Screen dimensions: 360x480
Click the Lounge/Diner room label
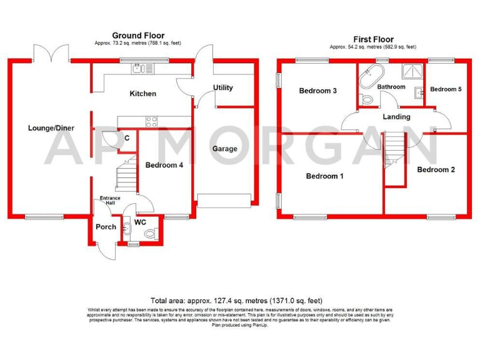(x=51, y=128)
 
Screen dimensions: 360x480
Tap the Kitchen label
(x=142, y=94)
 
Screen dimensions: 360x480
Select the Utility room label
(x=223, y=87)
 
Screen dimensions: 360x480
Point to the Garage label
(x=224, y=149)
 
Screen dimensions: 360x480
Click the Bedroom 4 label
(x=164, y=166)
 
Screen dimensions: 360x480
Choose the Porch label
(x=105, y=226)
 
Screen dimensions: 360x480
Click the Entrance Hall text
(x=110, y=201)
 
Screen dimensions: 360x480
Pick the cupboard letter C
(x=127, y=137)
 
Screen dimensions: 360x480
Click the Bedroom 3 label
(x=317, y=91)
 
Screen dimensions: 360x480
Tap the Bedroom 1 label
(x=324, y=176)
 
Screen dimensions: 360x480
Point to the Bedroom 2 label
(x=436, y=169)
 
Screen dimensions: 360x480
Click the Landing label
(x=396, y=116)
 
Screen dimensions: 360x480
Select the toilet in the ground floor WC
(x=149, y=234)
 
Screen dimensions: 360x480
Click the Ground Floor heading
(x=134, y=35)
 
